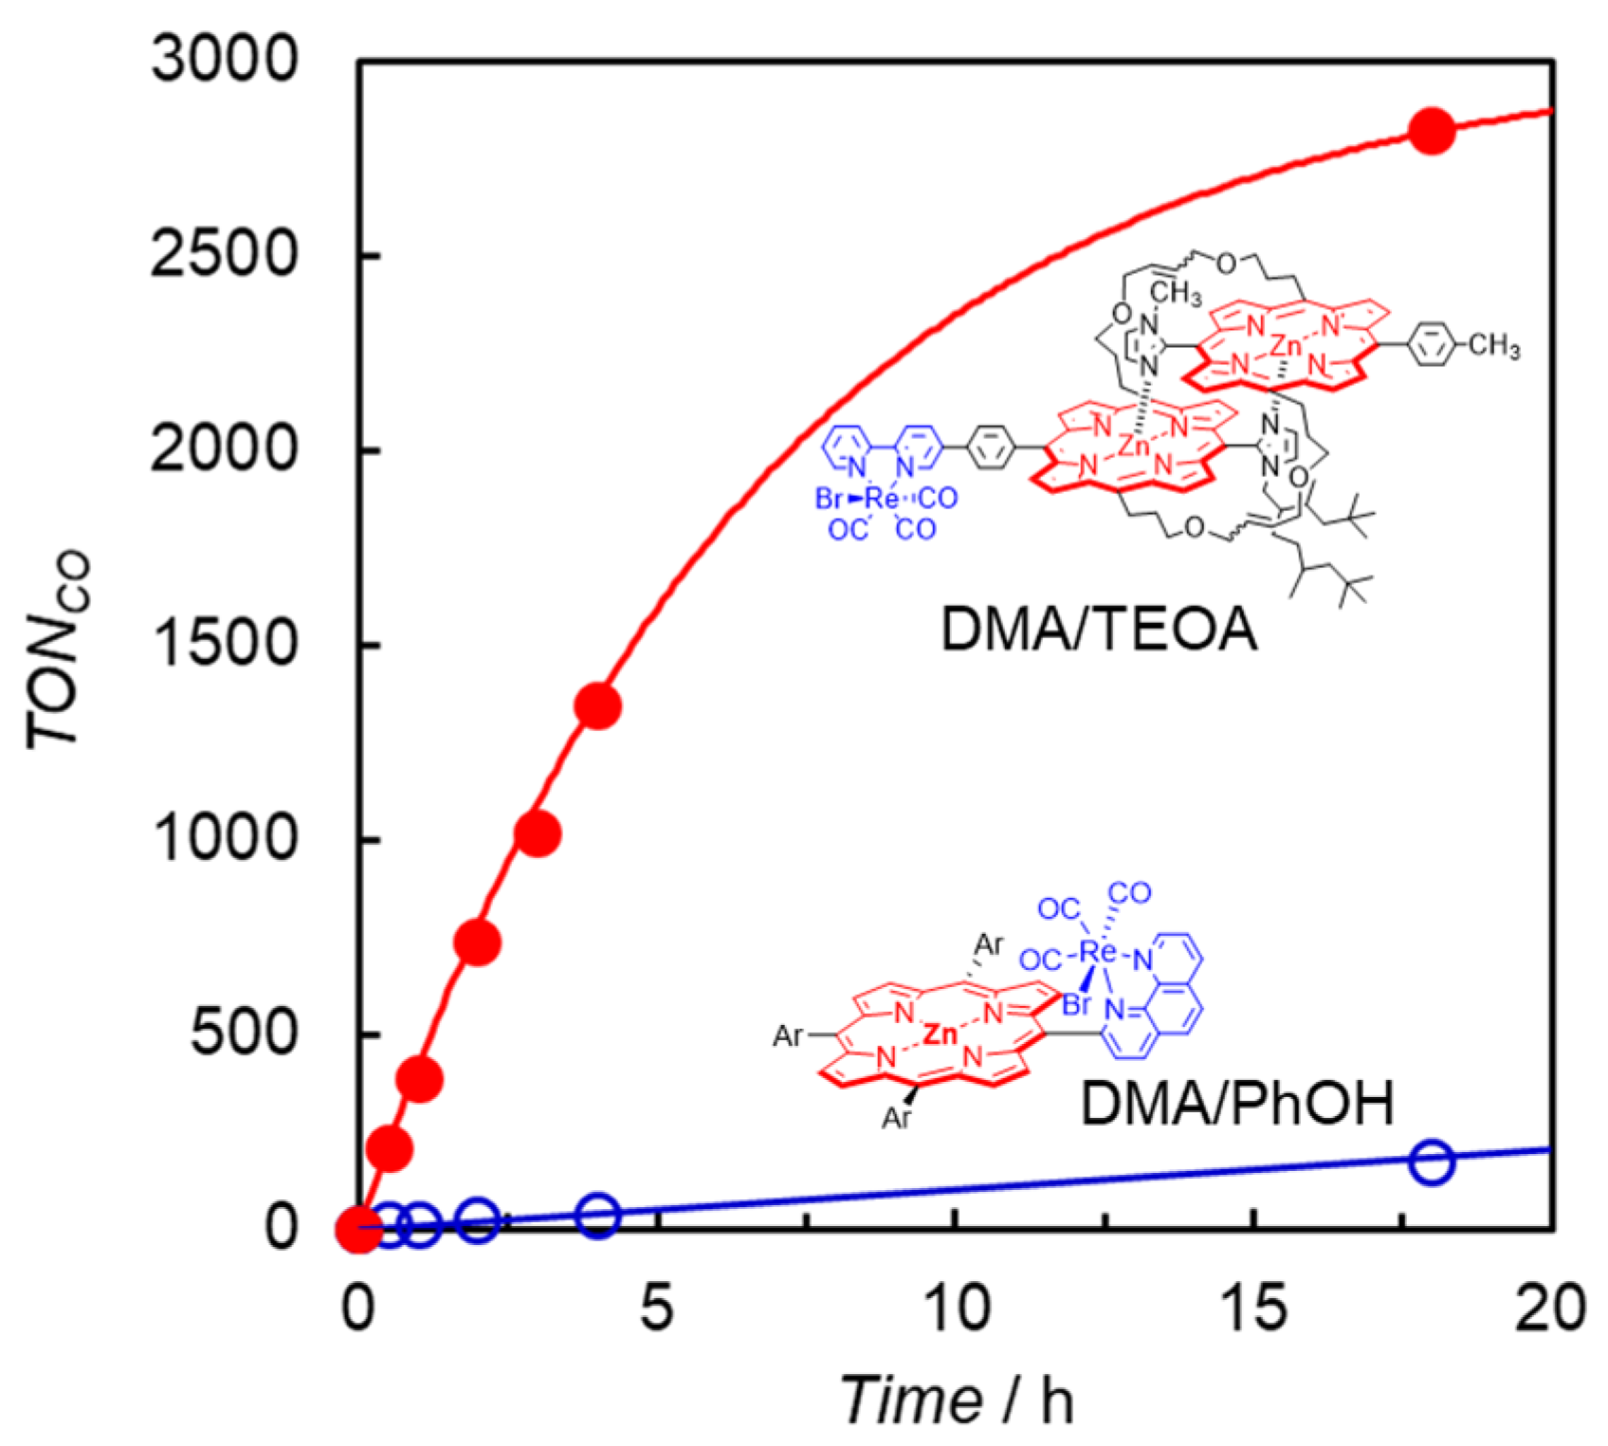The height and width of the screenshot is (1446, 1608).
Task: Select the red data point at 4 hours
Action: click(x=598, y=706)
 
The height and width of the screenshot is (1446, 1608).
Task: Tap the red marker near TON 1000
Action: click(x=538, y=834)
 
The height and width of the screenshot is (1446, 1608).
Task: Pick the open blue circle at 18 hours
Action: click(x=1431, y=1162)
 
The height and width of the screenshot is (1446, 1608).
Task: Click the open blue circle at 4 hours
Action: click(x=598, y=1215)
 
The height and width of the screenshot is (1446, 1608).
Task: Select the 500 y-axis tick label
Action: click(x=244, y=1033)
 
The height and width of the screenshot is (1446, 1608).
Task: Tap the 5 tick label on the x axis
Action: click(x=656, y=1309)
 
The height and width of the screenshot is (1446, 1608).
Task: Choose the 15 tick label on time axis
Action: click(x=1253, y=1309)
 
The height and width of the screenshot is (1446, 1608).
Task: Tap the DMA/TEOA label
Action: click(x=1098, y=629)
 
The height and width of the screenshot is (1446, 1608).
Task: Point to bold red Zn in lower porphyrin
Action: click(x=940, y=1034)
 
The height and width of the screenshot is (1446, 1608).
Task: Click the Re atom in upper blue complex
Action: click(x=882, y=498)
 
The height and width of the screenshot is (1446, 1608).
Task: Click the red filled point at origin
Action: click(x=359, y=1229)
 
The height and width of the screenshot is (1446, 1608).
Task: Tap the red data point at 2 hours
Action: click(x=478, y=943)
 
